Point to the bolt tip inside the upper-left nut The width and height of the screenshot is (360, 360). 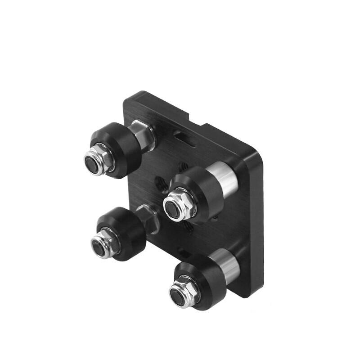(93, 160)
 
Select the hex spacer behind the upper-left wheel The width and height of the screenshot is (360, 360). (144, 134)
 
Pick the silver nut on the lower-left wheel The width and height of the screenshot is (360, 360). (106, 243)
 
